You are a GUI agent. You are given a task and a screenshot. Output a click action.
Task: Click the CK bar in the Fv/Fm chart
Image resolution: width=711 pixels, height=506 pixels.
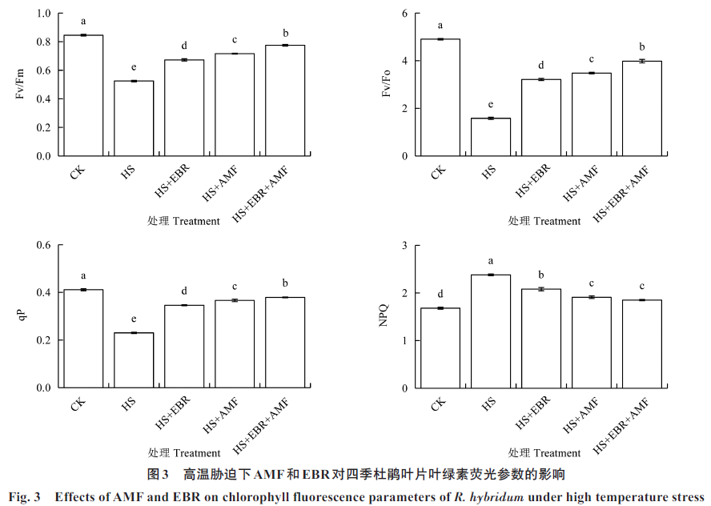(83, 96)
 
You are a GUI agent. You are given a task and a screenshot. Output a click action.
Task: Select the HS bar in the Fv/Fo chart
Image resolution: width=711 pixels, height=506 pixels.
(490, 137)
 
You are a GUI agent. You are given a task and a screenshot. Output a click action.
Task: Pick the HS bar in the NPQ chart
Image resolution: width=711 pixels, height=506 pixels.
(490, 331)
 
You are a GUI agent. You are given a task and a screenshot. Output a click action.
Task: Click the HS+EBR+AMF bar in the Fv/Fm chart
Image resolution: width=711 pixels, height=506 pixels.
(284, 100)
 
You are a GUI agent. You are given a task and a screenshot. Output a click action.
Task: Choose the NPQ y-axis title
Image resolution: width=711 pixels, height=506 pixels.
(382, 317)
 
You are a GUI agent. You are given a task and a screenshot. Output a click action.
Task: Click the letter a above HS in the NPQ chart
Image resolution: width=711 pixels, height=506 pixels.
(490, 262)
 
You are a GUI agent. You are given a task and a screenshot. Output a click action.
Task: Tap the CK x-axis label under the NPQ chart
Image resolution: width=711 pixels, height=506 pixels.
(437, 404)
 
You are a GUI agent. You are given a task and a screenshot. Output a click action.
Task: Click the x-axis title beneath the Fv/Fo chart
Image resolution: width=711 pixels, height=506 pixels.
(544, 221)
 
